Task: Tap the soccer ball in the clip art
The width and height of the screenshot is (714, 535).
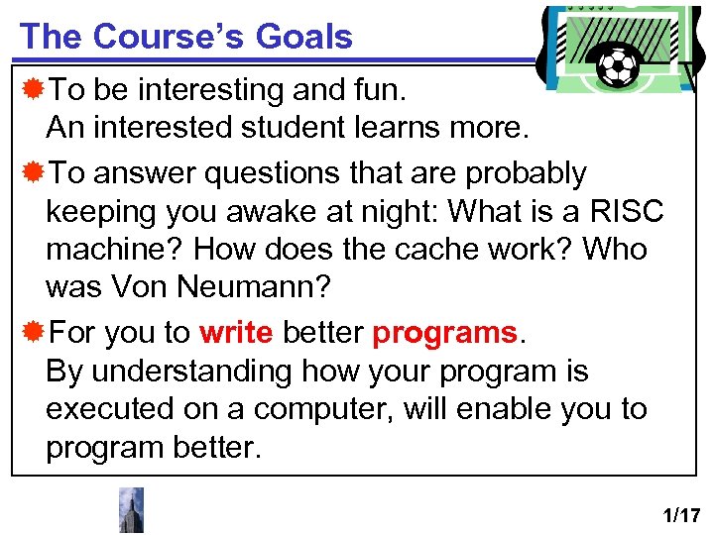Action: click(620, 65)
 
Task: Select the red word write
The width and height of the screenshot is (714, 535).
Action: click(236, 333)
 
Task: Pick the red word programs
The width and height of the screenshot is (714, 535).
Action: click(444, 334)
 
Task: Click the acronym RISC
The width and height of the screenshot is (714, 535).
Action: click(627, 211)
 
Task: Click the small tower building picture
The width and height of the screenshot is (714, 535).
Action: click(131, 510)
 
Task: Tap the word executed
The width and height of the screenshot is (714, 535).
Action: click(108, 409)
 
